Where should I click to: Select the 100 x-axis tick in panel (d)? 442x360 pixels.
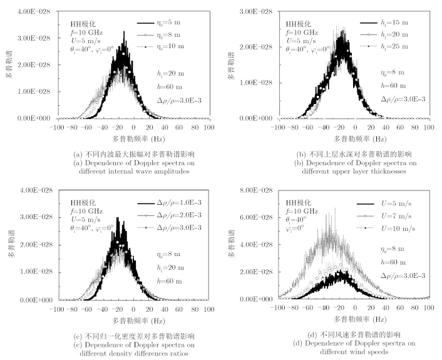click(x=429, y=309)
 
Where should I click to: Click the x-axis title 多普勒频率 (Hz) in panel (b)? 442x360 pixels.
click(x=353, y=138)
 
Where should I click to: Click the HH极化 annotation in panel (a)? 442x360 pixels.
click(x=81, y=24)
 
